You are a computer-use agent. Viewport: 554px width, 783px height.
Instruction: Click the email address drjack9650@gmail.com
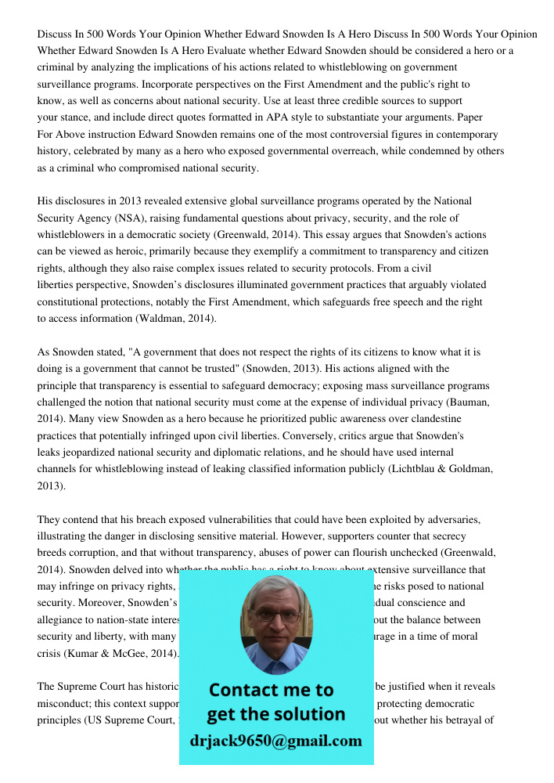coord(275,741)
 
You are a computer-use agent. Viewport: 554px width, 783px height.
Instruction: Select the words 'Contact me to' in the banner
coord(271,690)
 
